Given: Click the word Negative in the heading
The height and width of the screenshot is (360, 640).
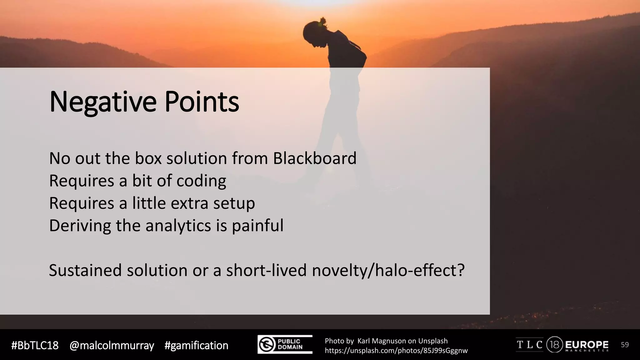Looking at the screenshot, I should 102,102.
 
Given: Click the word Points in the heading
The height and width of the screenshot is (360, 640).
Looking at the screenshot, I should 202,102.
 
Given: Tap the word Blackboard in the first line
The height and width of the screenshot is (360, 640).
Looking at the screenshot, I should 314,158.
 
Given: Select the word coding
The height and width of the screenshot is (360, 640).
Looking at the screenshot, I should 201,181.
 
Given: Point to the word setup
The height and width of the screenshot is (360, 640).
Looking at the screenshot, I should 234,203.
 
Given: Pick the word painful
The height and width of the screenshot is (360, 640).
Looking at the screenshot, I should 257,226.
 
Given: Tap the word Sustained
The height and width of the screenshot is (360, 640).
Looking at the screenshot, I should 85,270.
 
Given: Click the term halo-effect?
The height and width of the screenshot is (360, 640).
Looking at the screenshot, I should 420,270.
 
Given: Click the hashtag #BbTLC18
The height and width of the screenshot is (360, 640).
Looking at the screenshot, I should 35,346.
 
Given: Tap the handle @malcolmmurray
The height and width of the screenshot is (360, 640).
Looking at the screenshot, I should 112,346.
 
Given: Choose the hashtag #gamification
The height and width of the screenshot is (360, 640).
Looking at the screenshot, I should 196,346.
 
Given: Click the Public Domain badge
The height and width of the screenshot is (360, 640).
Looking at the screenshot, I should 285,344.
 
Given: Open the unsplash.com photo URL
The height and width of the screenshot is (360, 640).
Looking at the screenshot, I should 396,351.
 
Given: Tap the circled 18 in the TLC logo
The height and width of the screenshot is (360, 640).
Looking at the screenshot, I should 555,345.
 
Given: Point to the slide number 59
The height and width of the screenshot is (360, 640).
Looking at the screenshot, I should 624,345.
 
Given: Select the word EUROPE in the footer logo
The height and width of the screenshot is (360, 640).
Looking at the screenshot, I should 587,345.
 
